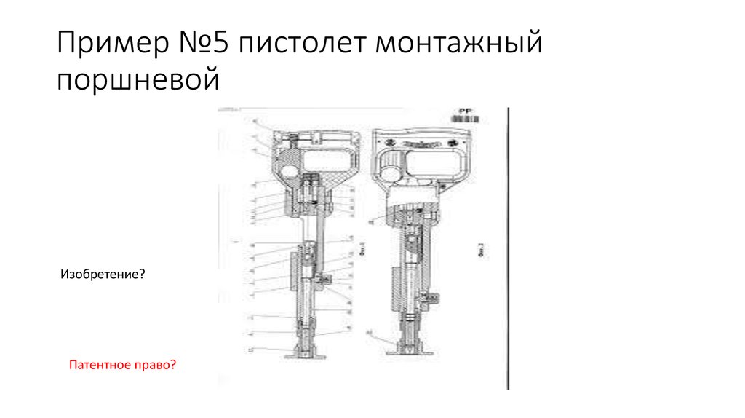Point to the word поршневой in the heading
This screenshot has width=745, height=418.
[x=138, y=78]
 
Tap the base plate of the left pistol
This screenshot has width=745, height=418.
[x=305, y=356]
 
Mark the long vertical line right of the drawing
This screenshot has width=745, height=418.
[x=507, y=248]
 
